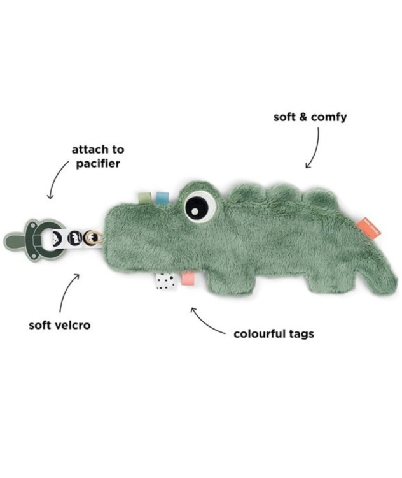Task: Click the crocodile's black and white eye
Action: click(200, 206)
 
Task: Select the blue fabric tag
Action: click(161, 198)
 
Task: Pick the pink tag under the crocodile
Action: click(188, 279)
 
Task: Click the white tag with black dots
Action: click(165, 281)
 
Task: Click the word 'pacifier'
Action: click(98, 164)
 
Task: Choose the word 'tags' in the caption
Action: click(301, 334)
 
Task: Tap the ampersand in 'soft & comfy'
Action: click(303, 117)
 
